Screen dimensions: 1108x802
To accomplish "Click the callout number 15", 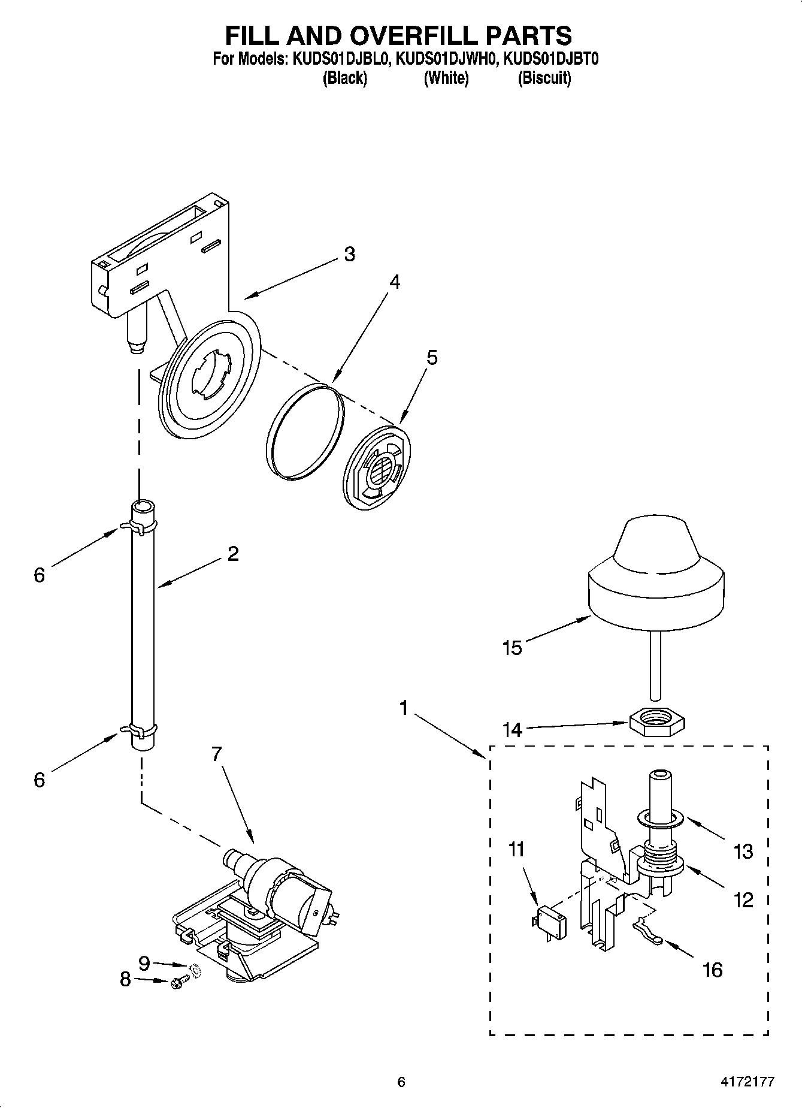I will pyautogui.click(x=513, y=648).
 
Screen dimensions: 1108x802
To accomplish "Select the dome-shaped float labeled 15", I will pyautogui.click(x=657, y=575).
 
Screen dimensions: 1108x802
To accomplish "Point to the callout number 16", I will pyautogui.click(x=712, y=969).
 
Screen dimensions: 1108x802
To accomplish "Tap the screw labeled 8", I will pyautogui.click(x=178, y=982).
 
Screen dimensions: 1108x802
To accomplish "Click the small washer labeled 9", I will pyautogui.click(x=195, y=969).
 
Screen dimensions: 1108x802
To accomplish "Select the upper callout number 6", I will pyautogui.click(x=39, y=575).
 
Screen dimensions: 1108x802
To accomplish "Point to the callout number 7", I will pyautogui.click(x=216, y=754).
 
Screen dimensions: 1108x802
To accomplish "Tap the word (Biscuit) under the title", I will pyautogui.click(x=544, y=78).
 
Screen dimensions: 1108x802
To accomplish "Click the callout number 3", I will pyautogui.click(x=349, y=254).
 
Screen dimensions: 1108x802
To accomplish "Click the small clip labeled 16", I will pyautogui.click(x=646, y=932).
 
